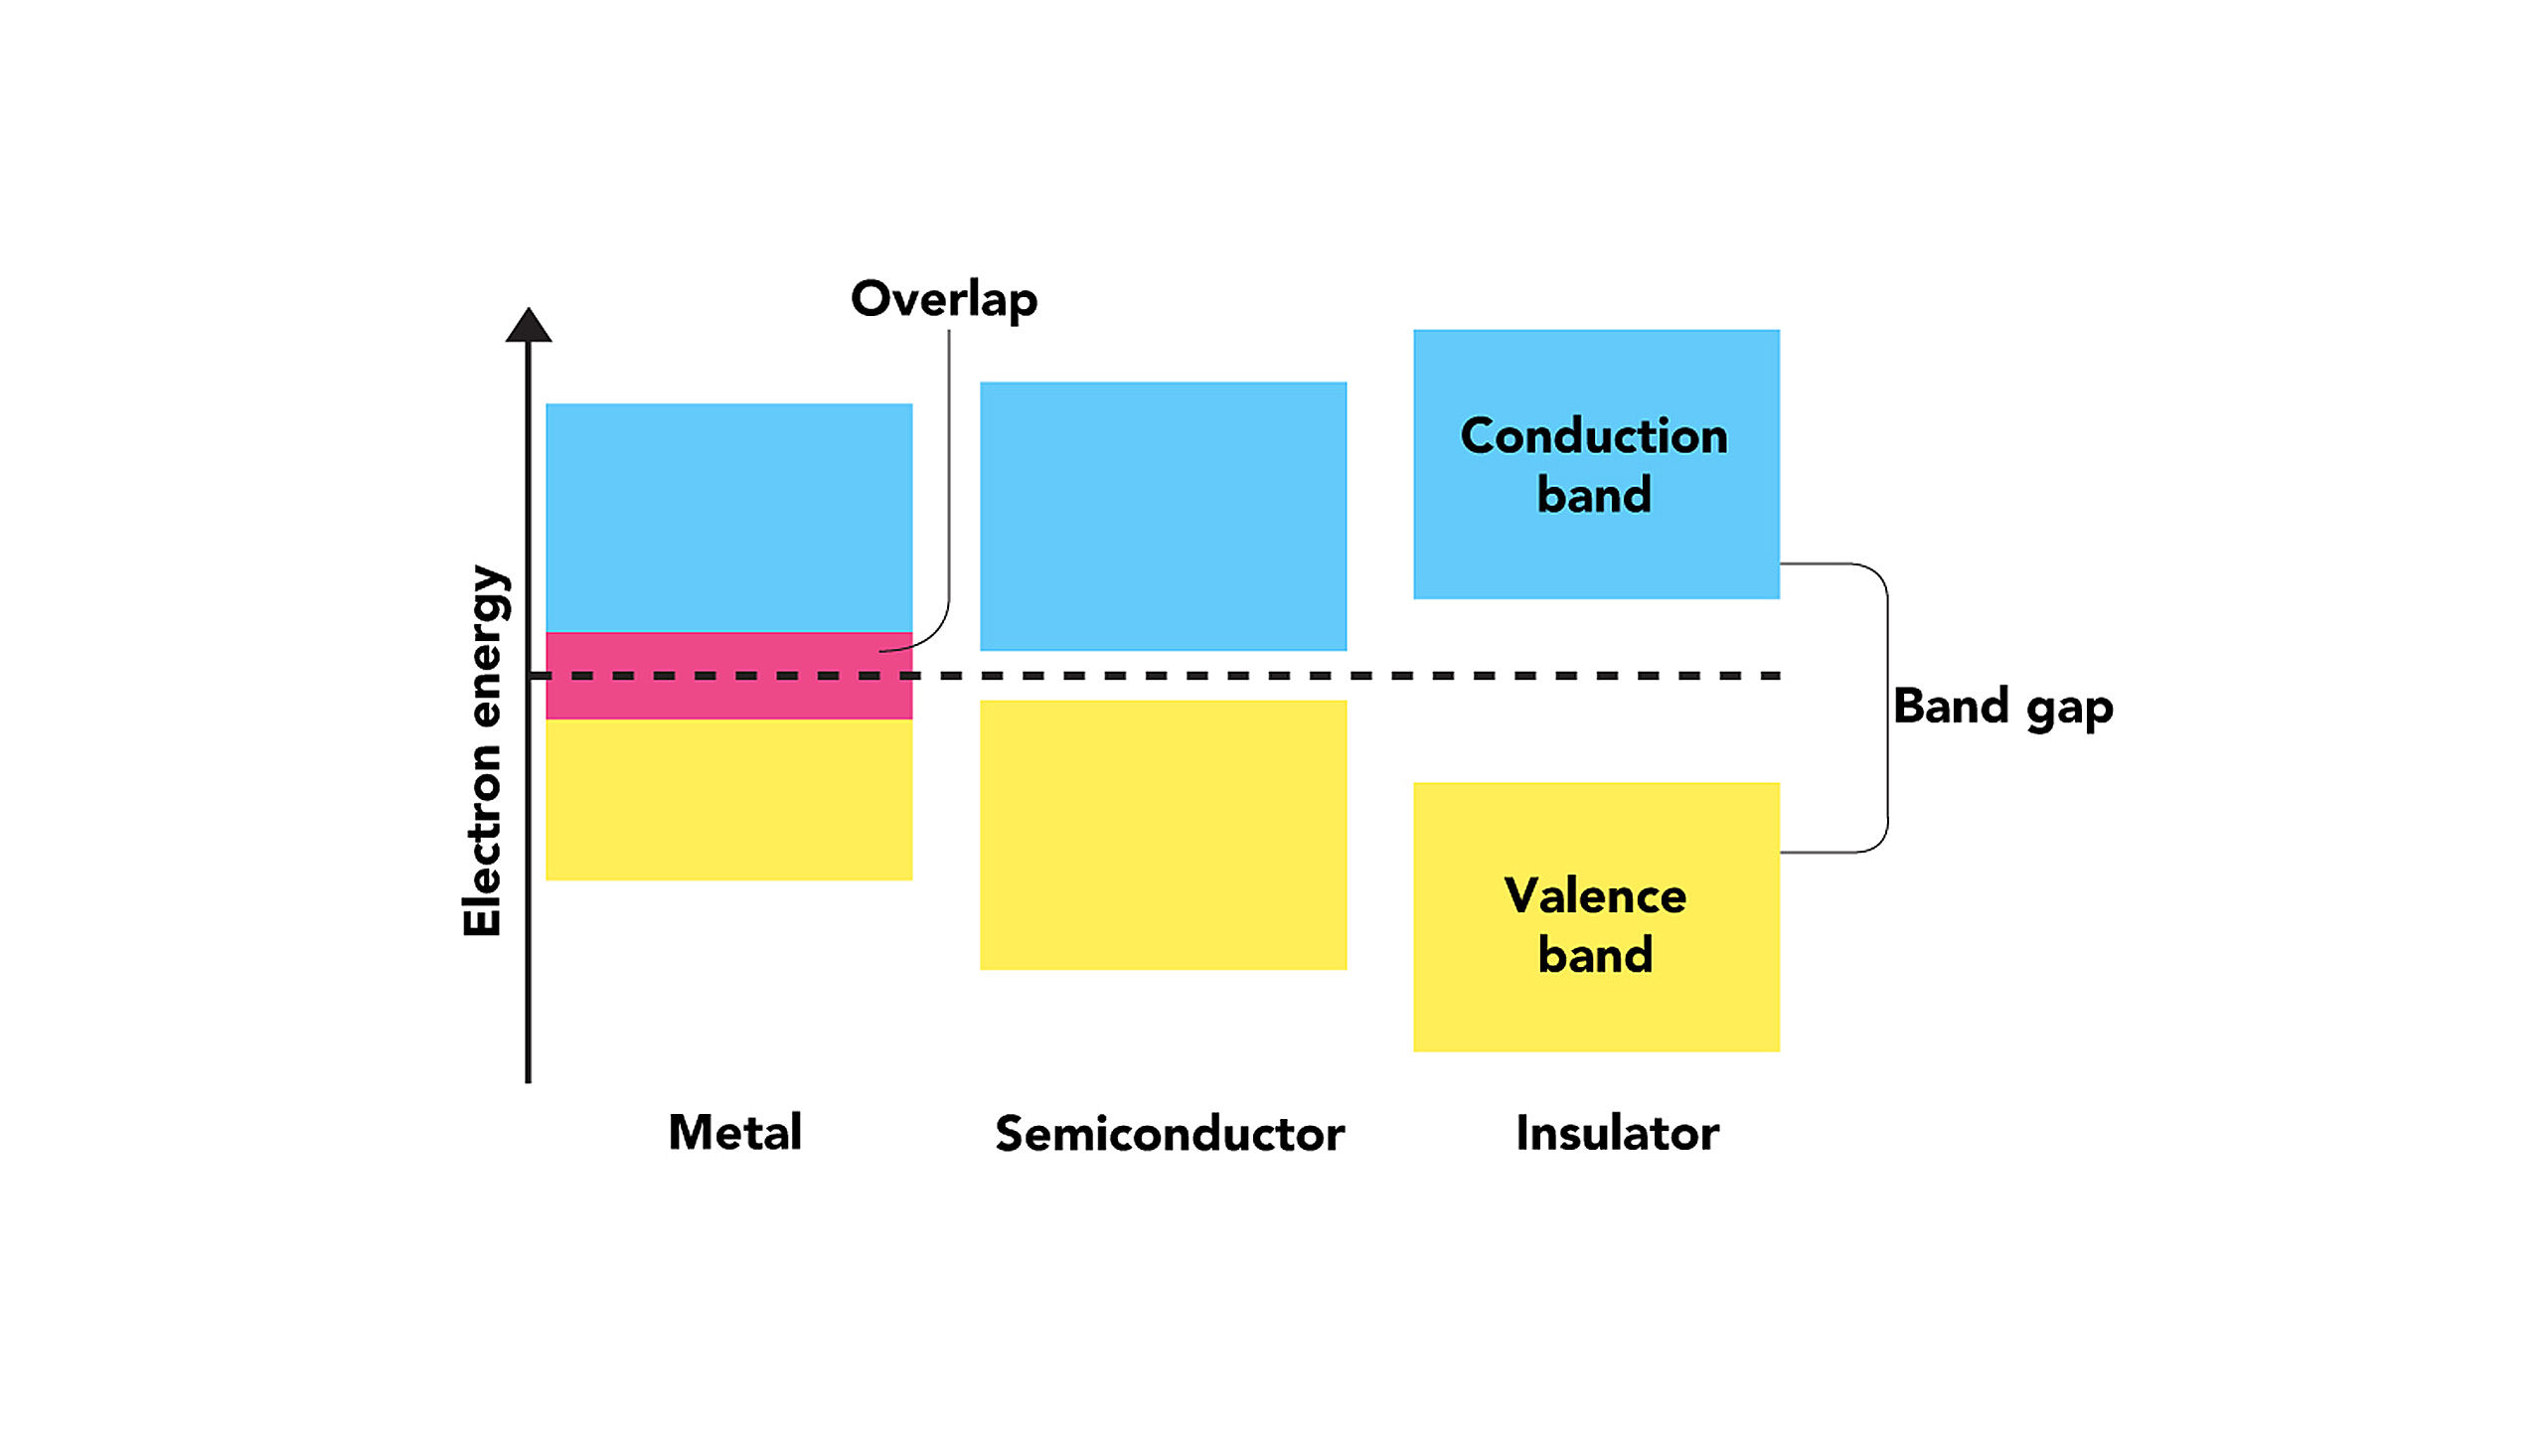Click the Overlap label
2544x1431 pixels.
(x=943, y=298)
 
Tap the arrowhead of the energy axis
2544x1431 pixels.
(x=528, y=326)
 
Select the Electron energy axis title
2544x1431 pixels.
(x=485, y=750)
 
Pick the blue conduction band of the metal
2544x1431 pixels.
(x=728, y=517)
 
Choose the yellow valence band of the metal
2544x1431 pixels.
(x=728, y=800)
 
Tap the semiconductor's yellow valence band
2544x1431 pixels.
(x=1163, y=835)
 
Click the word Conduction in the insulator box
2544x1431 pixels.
(x=1594, y=436)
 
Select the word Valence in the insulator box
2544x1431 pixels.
(x=1594, y=896)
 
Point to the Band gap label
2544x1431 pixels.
(x=2002, y=707)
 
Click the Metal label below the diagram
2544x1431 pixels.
(x=734, y=1132)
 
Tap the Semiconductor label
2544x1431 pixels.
(x=1170, y=1134)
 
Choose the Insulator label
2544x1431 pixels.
(x=1617, y=1133)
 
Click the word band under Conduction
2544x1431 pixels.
(x=1594, y=495)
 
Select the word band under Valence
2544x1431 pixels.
(x=1594, y=955)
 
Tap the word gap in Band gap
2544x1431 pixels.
(x=2069, y=710)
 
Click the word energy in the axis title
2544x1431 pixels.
(x=487, y=646)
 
